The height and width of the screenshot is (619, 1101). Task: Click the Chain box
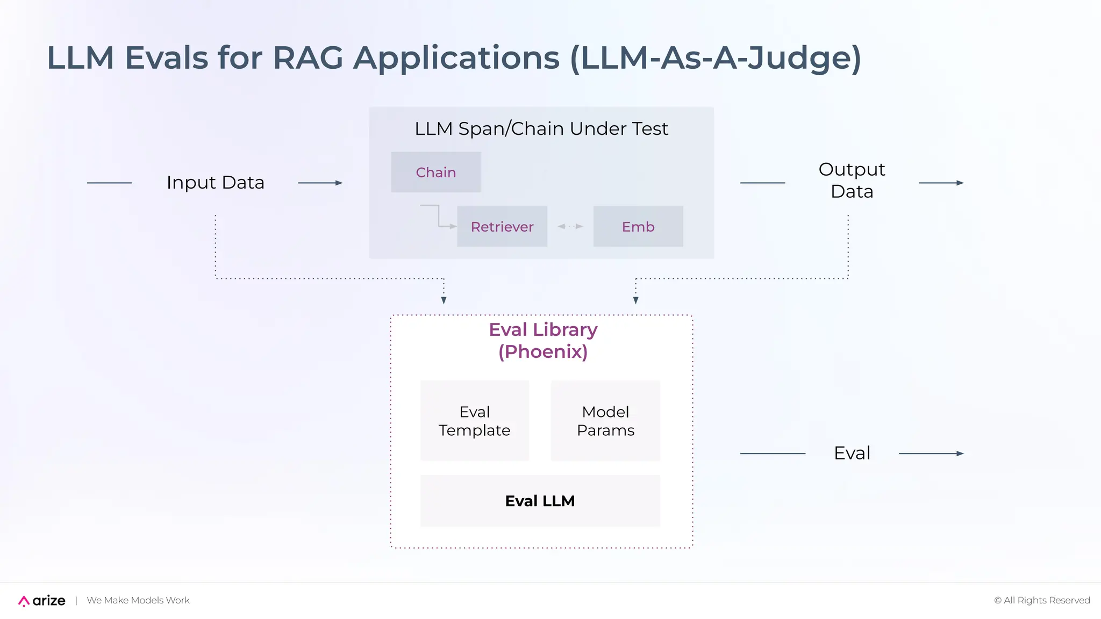pos(435,172)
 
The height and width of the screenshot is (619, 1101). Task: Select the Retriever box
pos(502,226)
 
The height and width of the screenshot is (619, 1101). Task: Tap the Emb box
pos(638,226)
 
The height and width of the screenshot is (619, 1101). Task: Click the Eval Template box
pos(474,421)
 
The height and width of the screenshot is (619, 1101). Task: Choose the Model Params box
pos(605,421)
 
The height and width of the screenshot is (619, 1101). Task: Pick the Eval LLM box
pos(540,501)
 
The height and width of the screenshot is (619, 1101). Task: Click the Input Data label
pos(215,183)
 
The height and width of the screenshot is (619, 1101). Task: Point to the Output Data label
pos(852,181)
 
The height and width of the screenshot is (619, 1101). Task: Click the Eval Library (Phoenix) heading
pos(543,340)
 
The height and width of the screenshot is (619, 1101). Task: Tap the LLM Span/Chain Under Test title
pos(541,129)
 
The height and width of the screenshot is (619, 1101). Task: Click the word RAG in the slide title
pos(308,57)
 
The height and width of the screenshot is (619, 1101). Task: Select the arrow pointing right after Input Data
pos(320,183)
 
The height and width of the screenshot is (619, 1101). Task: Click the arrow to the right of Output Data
pos(941,183)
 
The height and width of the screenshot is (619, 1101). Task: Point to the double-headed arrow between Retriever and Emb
pos(570,226)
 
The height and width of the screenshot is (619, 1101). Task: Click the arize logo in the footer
pos(42,600)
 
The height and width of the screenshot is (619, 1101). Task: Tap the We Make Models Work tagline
pos(138,600)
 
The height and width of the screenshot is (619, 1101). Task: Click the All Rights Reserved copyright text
pos(1042,600)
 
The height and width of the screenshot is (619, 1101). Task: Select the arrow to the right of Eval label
pos(931,454)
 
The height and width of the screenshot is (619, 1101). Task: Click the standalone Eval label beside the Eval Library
pos(852,453)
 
